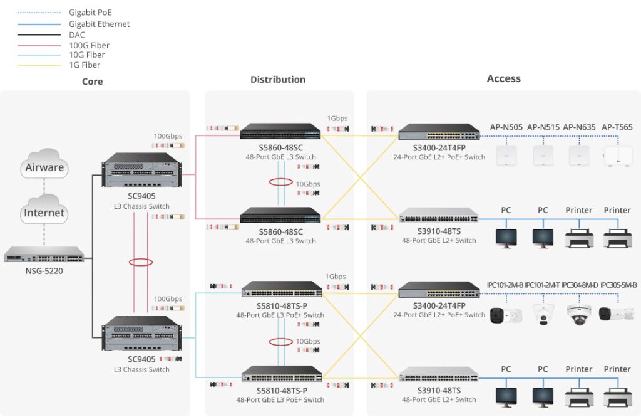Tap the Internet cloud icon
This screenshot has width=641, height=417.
(44, 212)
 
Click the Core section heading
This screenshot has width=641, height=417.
(92, 82)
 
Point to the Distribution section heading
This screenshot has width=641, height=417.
(278, 80)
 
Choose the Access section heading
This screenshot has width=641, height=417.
(503, 78)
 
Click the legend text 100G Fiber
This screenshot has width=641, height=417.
(89, 45)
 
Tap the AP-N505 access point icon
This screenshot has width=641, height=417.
(506, 156)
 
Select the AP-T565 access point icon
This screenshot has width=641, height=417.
(617, 156)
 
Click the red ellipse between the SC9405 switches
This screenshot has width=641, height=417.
(141, 262)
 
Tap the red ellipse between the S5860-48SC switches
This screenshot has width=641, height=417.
(280, 182)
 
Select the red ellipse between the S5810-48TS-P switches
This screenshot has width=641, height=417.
(280, 342)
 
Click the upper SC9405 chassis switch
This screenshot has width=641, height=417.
(141, 171)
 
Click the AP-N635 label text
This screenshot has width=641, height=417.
(578, 127)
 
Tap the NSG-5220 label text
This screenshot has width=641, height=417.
(44, 272)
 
